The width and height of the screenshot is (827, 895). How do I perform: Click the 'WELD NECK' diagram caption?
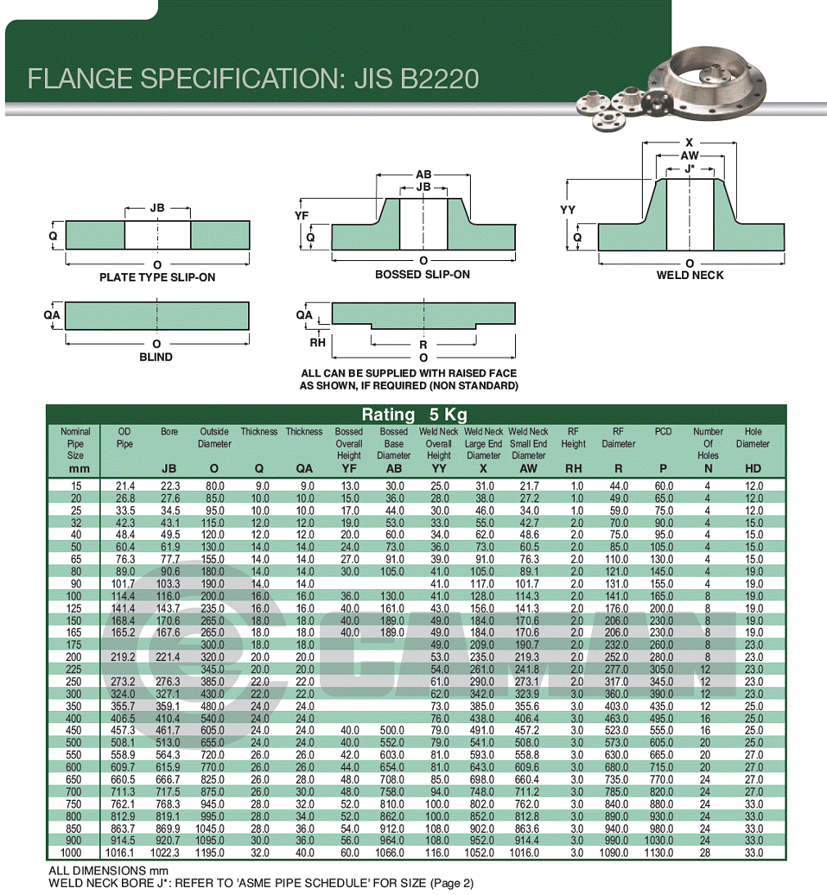(689, 275)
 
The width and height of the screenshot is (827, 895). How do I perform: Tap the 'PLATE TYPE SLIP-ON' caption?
(157, 277)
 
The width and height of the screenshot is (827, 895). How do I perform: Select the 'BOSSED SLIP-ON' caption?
(423, 275)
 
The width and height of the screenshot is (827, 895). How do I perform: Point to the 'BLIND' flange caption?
(156, 357)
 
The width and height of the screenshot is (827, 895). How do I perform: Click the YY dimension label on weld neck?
(567, 210)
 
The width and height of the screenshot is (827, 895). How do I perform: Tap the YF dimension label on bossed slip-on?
(301, 215)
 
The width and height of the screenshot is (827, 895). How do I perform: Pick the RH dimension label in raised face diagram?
(318, 342)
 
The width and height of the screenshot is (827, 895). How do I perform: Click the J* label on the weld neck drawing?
(689, 169)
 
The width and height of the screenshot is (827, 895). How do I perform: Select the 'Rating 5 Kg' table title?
(414, 415)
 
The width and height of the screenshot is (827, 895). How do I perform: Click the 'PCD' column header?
(663, 431)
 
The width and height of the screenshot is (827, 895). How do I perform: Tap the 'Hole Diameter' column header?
(752, 438)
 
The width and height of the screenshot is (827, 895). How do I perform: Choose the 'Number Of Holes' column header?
(708, 443)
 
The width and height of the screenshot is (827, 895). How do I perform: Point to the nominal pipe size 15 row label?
(76, 486)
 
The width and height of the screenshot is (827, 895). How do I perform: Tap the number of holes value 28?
(705, 852)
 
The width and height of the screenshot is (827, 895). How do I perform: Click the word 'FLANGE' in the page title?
(80, 79)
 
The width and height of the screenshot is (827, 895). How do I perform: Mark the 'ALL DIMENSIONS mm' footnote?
(109, 871)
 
